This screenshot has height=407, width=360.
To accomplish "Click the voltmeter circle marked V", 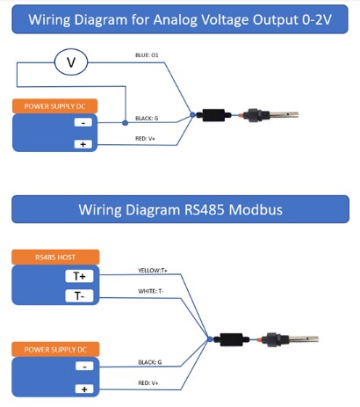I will tap(71, 62).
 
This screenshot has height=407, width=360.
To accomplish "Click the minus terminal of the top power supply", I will tap(82, 123).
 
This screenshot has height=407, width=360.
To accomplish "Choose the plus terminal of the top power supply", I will tap(82, 143).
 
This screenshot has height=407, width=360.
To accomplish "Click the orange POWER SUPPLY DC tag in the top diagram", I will tap(54, 106).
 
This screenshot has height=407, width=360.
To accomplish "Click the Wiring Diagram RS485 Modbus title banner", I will tap(180, 209).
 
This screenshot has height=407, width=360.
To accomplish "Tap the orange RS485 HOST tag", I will tap(54, 258).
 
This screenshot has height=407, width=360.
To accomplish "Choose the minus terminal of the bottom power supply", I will tap(83, 366).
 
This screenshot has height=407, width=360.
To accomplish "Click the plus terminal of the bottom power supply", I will tap(83, 388).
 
